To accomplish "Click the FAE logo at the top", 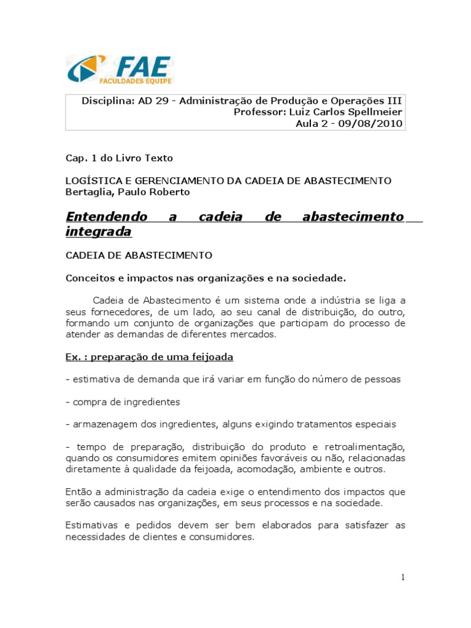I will pos(120,70).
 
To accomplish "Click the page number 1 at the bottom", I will pos(402,577).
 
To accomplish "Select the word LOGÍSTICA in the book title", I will pos(90,181).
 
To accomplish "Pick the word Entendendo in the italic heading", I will pos(106,216).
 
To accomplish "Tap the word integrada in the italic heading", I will pos(98,232).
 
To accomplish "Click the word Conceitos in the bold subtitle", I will pos(89,278).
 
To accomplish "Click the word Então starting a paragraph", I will pos(78,492).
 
